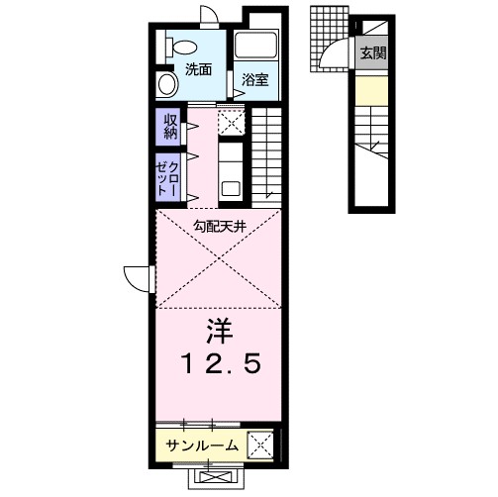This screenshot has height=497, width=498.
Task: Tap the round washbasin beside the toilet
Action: (x=165, y=81)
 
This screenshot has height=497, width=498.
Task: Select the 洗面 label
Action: (x=198, y=70)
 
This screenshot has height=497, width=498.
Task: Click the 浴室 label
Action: (x=254, y=79)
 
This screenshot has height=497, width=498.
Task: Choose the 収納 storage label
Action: (x=166, y=126)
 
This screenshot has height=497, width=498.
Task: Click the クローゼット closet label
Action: (x=166, y=178)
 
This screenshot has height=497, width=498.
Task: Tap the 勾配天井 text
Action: (x=219, y=226)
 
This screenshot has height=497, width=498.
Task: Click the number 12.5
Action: (x=219, y=363)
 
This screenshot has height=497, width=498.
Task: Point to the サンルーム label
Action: (x=201, y=446)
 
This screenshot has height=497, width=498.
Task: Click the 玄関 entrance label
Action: (x=372, y=52)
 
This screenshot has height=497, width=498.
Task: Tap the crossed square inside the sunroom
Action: (x=259, y=445)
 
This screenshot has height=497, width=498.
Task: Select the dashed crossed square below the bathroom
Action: (x=231, y=122)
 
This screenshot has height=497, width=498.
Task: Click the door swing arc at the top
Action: (x=208, y=16)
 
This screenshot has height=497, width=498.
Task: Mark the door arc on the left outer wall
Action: (x=137, y=278)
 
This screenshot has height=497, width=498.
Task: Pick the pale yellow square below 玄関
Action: (x=371, y=94)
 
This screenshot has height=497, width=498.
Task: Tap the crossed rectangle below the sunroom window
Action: (x=219, y=476)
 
